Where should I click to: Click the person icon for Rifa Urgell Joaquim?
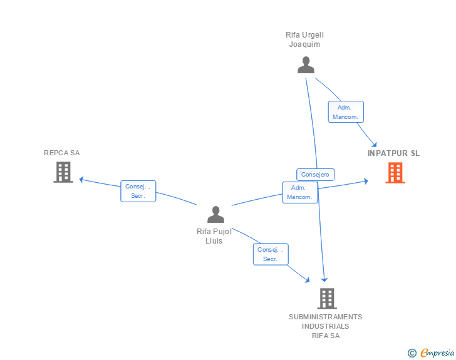coord(306,65)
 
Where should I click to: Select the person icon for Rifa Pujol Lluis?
coord(215,214)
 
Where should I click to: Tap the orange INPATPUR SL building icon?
coord(395,173)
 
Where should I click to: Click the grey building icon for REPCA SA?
coord(63,172)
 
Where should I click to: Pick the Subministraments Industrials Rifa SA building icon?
coord(327,299)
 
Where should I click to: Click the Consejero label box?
coord(315,175)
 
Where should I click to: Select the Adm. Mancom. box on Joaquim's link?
coord(346,112)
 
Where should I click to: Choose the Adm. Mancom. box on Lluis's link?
coord(300,192)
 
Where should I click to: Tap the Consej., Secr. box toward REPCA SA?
coord(138,191)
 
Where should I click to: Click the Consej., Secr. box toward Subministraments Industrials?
coord(271,254)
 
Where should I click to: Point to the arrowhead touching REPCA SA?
coord(81,180)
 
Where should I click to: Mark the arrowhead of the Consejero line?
coord(324,280)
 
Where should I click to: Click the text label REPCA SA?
coord(61,153)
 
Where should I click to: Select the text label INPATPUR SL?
coord(393,153)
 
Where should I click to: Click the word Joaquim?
coord(304,44)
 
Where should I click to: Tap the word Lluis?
coord(214,241)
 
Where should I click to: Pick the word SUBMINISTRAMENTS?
coord(326,317)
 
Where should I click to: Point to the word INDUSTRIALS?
coord(326,326)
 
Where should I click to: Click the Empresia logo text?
coord(437,352)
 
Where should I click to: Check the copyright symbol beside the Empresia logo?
coord(412,353)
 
